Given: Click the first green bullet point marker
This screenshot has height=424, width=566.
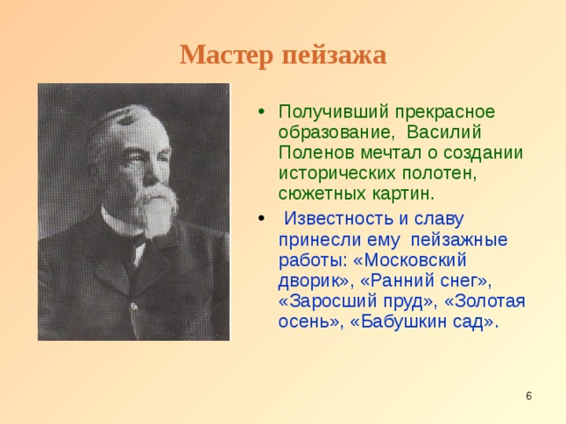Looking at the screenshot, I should point(257,112).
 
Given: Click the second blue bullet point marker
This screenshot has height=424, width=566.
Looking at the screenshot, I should point(257,218).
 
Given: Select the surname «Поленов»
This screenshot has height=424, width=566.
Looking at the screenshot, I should point(312,152).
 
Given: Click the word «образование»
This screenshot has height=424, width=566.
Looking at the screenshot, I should point(330,132).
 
